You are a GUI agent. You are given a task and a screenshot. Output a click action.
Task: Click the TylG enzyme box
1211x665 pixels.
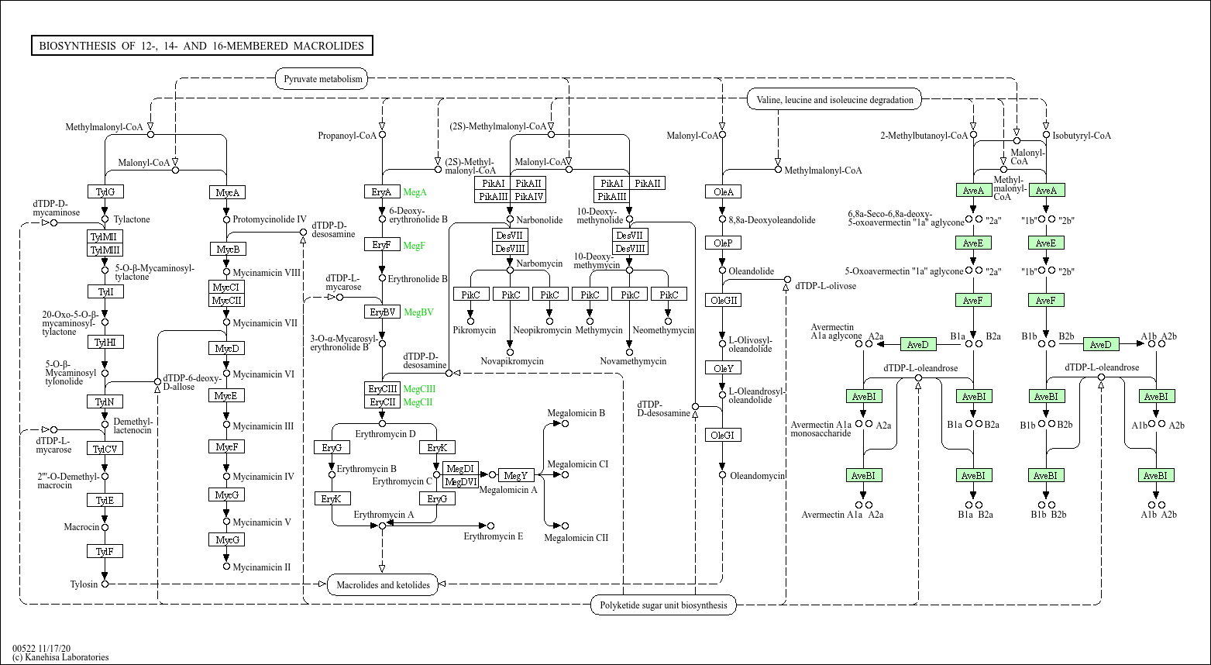[105, 191]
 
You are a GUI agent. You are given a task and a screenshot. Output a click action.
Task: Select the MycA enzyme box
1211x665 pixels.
[227, 192]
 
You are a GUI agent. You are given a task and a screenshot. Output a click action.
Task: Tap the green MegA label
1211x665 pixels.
[415, 192]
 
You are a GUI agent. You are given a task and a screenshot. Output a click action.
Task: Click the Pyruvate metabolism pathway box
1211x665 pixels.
[323, 79]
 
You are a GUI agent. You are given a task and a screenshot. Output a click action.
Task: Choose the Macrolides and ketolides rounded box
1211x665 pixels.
[383, 584]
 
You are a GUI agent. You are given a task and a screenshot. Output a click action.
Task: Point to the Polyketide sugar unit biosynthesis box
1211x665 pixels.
[663, 605]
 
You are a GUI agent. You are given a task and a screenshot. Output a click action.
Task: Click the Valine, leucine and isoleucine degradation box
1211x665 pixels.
[834, 99]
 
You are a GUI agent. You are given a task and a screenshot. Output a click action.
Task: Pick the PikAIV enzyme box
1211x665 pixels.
[528, 196]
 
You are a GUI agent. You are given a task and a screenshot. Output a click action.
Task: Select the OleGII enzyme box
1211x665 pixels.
[723, 300]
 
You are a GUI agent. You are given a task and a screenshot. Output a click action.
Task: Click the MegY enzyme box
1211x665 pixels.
[516, 475]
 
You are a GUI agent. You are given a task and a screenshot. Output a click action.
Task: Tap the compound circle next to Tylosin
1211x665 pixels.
[105, 584]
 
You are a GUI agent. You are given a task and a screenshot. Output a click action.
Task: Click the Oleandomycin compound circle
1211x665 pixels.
[722, 474]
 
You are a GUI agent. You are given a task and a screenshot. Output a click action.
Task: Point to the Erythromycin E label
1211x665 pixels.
[493, 536]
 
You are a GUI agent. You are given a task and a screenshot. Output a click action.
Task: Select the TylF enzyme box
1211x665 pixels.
[105, 552]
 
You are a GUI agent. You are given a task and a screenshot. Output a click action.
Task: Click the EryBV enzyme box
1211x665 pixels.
[382, 312]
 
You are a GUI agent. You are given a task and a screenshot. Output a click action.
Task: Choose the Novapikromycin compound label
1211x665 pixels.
[512, 361]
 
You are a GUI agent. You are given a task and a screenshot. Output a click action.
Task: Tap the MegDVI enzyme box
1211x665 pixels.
[460, 482]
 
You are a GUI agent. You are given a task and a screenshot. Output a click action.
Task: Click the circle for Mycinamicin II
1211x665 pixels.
[226, 566]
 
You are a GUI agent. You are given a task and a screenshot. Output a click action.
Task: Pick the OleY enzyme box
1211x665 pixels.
[723, 368]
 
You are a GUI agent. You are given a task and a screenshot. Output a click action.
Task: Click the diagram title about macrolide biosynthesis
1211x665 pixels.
[201, 46]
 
